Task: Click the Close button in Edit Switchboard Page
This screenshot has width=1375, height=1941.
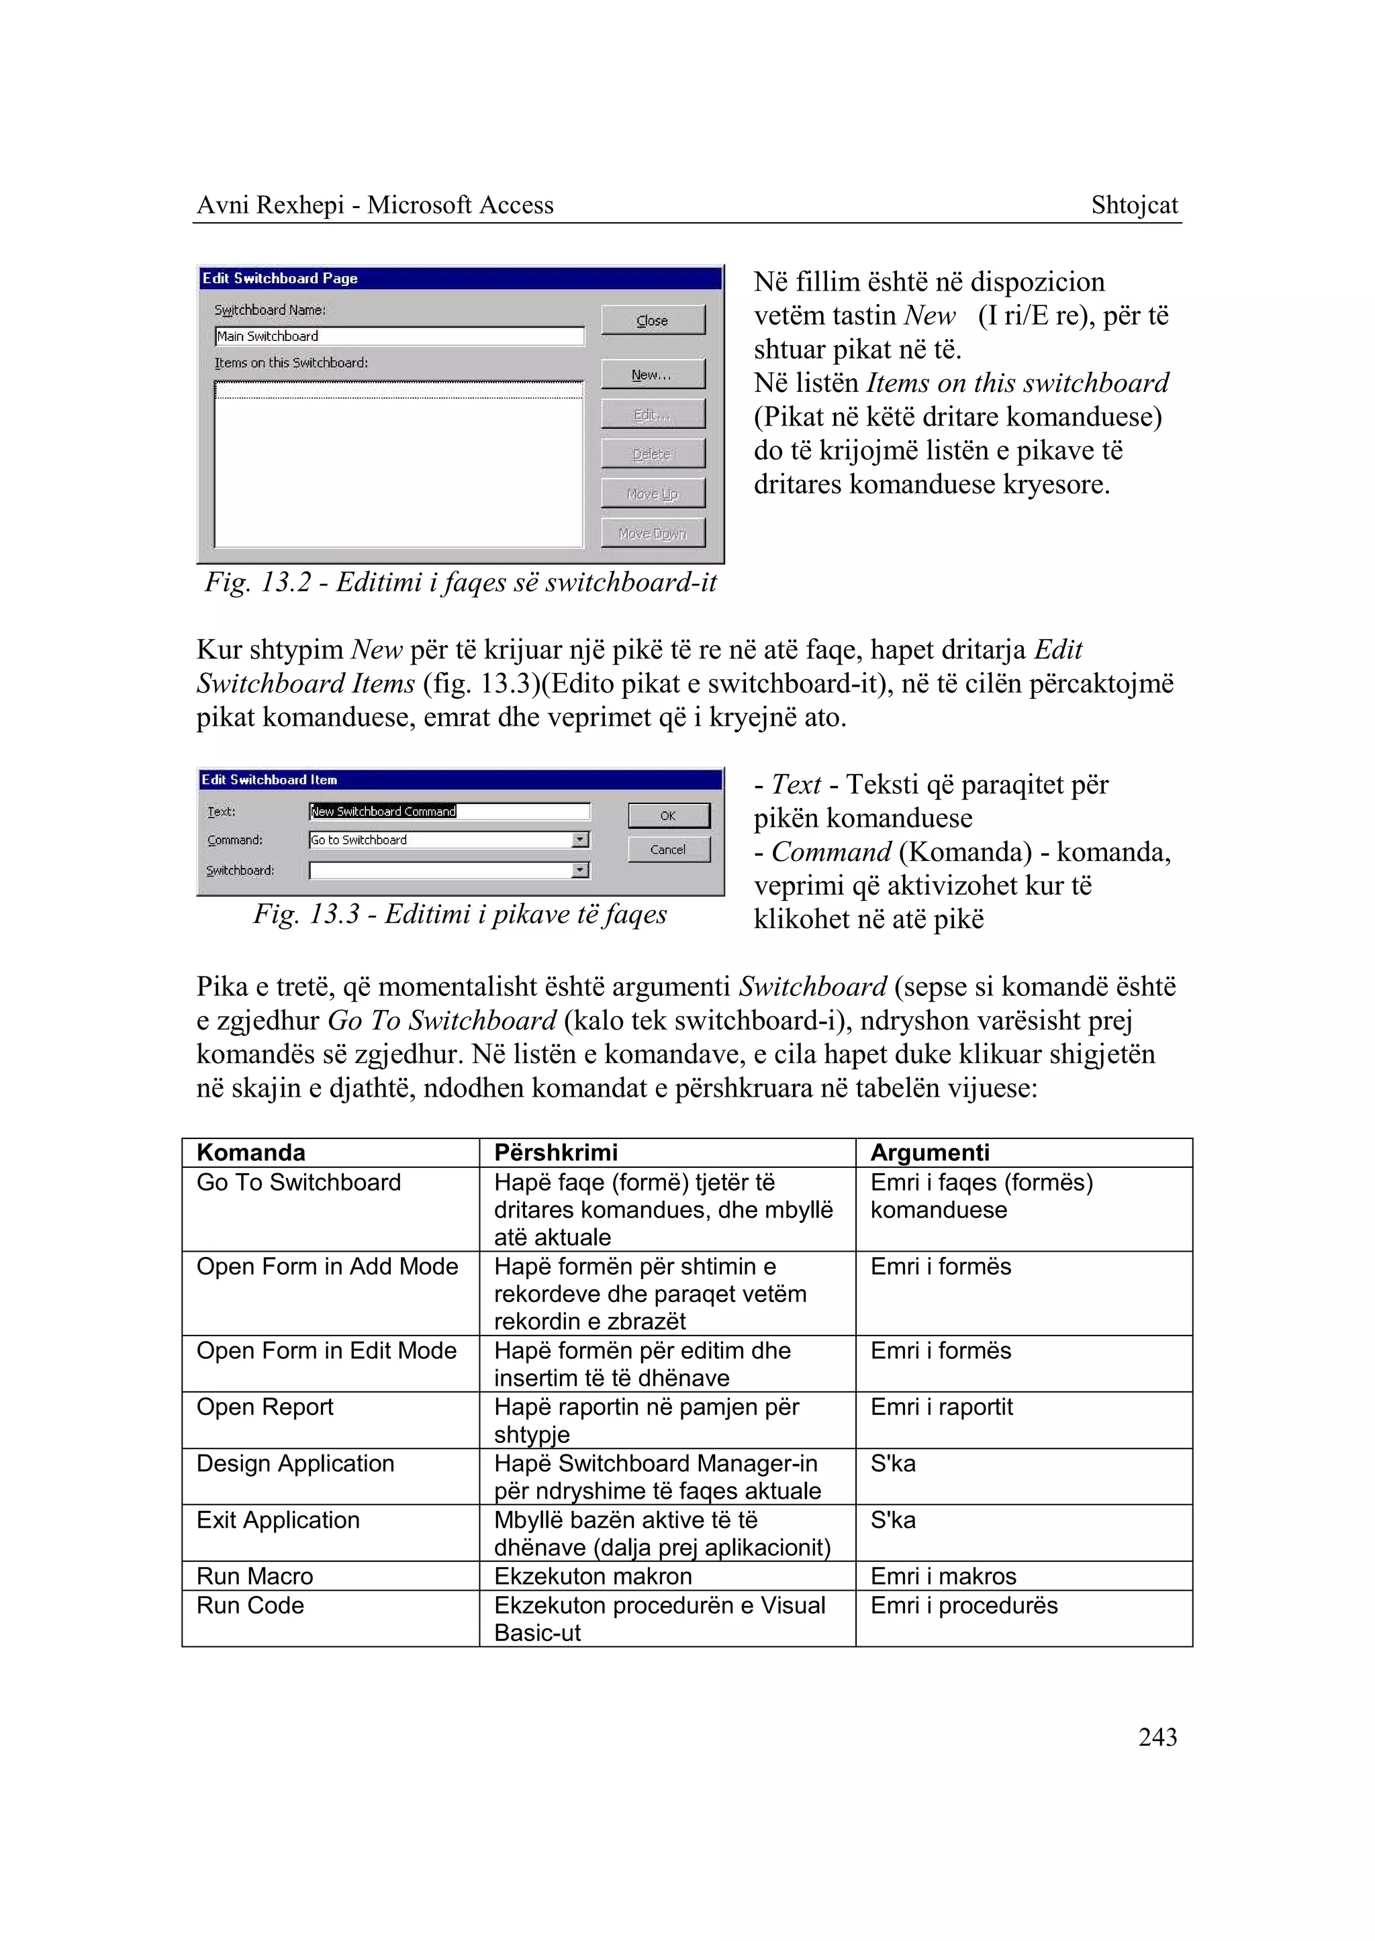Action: coord(652,320)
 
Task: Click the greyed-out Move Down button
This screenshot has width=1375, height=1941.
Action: coord(652,534)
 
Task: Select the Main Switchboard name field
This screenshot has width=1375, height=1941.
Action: coord(399,336)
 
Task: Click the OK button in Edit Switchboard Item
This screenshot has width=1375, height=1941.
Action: coord(668,815)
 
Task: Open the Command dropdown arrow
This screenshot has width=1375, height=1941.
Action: coord(580,840)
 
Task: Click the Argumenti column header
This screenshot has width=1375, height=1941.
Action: coord(930,1152)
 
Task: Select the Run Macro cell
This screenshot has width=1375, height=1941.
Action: coord(255,1575)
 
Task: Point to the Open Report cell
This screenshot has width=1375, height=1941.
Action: coord(265,1406)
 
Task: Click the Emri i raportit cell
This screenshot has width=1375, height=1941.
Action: coord(941,1406)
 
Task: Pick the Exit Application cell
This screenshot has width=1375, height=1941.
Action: coord(278,1520)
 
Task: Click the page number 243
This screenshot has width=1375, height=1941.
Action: coord(1157,1736)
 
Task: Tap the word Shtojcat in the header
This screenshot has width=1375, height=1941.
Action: coord(1134,205)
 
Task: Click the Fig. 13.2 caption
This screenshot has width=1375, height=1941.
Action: coord(461,583)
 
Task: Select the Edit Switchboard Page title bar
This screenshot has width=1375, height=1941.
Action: coord(460,279)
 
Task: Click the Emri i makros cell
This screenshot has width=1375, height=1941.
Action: coord(943,1575)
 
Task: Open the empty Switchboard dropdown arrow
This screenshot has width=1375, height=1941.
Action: coord(580,870)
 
